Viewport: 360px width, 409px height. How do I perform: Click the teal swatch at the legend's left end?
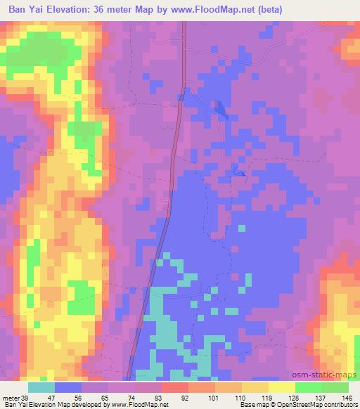pos(41,387)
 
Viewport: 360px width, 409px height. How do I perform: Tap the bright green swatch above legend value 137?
pos(309,387)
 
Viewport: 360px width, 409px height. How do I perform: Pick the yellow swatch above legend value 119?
pos(282,387)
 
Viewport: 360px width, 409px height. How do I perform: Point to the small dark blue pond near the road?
pos(220,109)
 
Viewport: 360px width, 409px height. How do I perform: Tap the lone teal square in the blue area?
pos(242,228)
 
